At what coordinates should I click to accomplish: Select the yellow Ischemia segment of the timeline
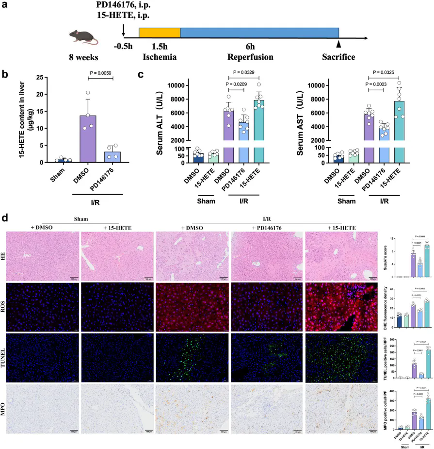[x=160, y=33]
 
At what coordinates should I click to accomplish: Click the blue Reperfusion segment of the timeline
[x=259, y=33]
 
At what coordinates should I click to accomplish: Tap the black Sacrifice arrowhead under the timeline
[x=338, y=45]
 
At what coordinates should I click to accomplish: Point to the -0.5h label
[x=124, y=46]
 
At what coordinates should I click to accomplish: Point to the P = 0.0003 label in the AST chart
[x=384, y=84]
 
